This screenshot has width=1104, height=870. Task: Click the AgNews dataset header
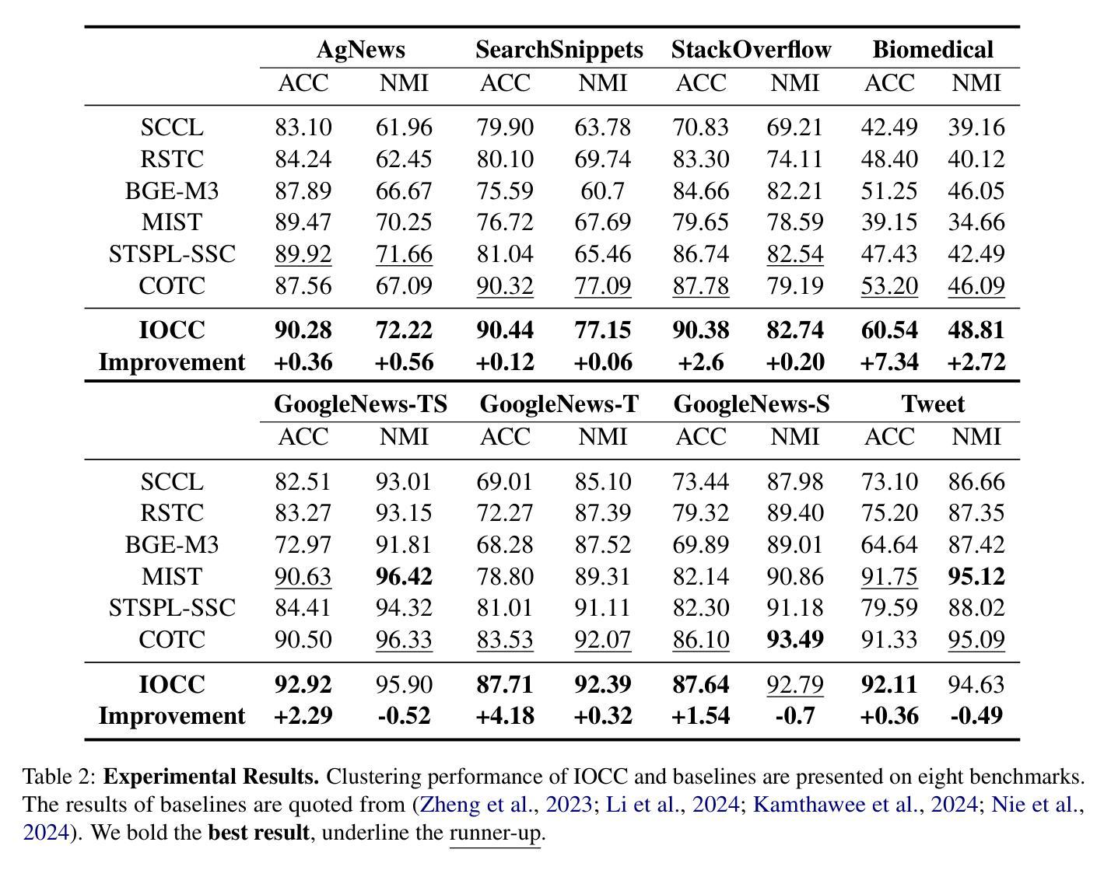click(361, 51)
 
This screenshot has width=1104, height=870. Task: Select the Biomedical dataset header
click(933, 50)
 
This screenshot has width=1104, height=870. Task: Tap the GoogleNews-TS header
click(361, 404)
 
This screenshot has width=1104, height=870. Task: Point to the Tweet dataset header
click(933, 404)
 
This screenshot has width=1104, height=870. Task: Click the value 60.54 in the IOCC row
click(889, 330)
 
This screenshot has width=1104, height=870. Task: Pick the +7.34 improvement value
click(889, 362)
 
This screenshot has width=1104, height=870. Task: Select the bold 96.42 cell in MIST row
click(405, 576)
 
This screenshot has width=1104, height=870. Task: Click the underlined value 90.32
click(505, 286)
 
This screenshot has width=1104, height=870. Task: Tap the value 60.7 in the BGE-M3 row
click(602, 191)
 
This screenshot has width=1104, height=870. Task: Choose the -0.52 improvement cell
click(405, 716)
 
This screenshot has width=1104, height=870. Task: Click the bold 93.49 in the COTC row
click(794, 639)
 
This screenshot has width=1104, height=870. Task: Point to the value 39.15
click(889, 222)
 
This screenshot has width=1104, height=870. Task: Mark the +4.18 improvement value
click(505, 716)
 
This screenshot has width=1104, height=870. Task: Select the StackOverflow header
click(751, 50)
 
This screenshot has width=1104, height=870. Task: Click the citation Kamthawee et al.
click(835, 805)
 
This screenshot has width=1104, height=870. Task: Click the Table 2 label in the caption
click(58, 777)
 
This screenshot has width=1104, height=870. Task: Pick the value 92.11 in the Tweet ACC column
click(889, 684)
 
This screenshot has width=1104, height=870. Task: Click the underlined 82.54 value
click(794, 254)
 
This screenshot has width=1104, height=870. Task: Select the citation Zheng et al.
click(476, 805)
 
